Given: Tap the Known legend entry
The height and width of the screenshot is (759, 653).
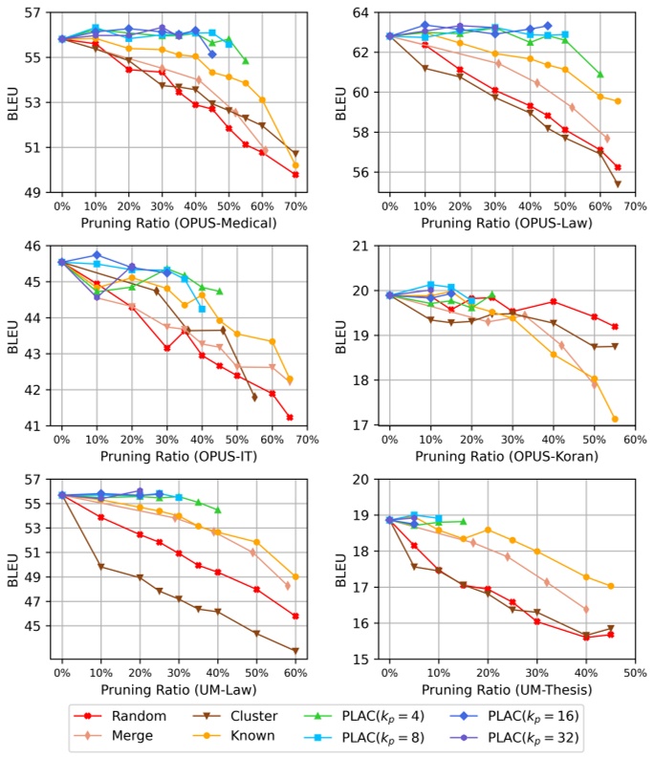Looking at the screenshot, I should point(271,737).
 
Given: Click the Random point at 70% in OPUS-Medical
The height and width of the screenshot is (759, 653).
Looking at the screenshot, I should point(295,174).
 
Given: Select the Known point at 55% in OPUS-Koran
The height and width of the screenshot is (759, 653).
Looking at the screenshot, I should point(615,419).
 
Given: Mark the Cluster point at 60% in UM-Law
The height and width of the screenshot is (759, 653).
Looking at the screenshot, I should point(295,651).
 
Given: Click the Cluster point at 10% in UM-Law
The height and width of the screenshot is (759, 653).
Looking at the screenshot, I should point(101,567).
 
